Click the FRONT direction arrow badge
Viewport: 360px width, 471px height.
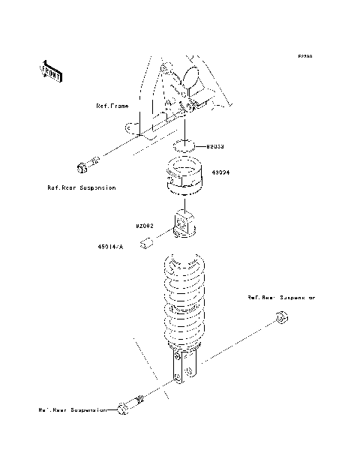click(51, 70)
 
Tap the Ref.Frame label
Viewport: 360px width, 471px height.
click(112, 106)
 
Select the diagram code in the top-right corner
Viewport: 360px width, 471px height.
click(304, 56)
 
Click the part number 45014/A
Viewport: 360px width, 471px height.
click(109, 245)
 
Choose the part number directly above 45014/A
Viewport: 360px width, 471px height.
click(145, 224)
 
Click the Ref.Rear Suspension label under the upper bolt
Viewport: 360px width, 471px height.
click(81, 187)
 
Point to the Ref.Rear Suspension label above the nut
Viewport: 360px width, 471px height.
click(281, 298)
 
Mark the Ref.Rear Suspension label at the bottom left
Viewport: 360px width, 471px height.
click(73, 410)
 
